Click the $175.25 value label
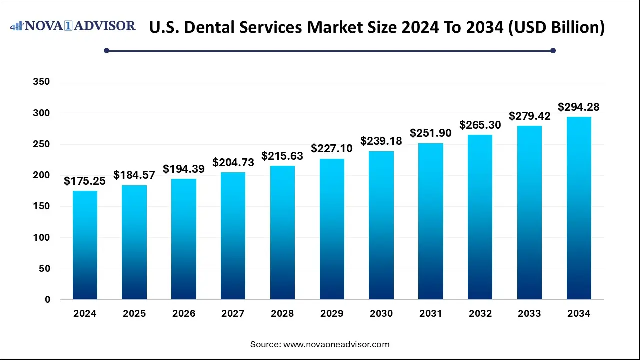(84, 181)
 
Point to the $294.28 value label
(579, 107)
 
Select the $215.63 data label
(282, 156)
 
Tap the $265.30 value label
(480, 125)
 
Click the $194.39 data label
(183, 169)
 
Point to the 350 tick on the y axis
(41, 82)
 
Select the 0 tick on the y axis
(47, 300)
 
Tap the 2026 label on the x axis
(183, 314)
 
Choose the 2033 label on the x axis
(529, 314)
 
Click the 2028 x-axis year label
(282, 314)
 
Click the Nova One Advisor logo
(73, 26)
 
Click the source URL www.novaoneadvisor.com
(336, 344)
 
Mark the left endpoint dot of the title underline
(106, 50)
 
